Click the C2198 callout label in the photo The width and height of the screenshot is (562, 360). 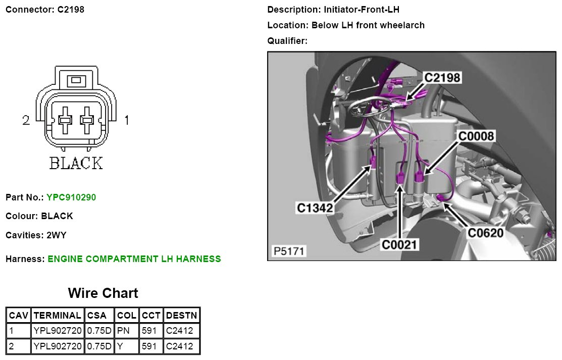(442, 77)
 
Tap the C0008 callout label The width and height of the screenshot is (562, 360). (476, 136)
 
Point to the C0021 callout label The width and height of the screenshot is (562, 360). (400, 245)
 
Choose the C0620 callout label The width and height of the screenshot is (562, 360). (486, 233)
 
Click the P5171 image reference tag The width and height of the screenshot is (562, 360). (289, 251)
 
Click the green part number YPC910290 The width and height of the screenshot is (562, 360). (71, 197)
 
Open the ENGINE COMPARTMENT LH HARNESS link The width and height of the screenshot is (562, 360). (134, 259)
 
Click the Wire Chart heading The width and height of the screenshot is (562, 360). (103, 293)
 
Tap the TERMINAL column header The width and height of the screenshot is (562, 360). (58, 315)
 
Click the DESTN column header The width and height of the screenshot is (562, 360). (182, 315)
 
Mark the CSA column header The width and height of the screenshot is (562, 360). (99, 315)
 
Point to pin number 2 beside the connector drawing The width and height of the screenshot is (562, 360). (26, 120)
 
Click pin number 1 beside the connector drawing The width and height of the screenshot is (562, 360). (127, 120)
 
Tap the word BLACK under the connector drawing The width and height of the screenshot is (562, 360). (76, 163)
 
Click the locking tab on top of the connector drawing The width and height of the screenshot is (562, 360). (76, 80)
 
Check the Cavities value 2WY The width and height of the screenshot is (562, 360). (57, 235)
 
